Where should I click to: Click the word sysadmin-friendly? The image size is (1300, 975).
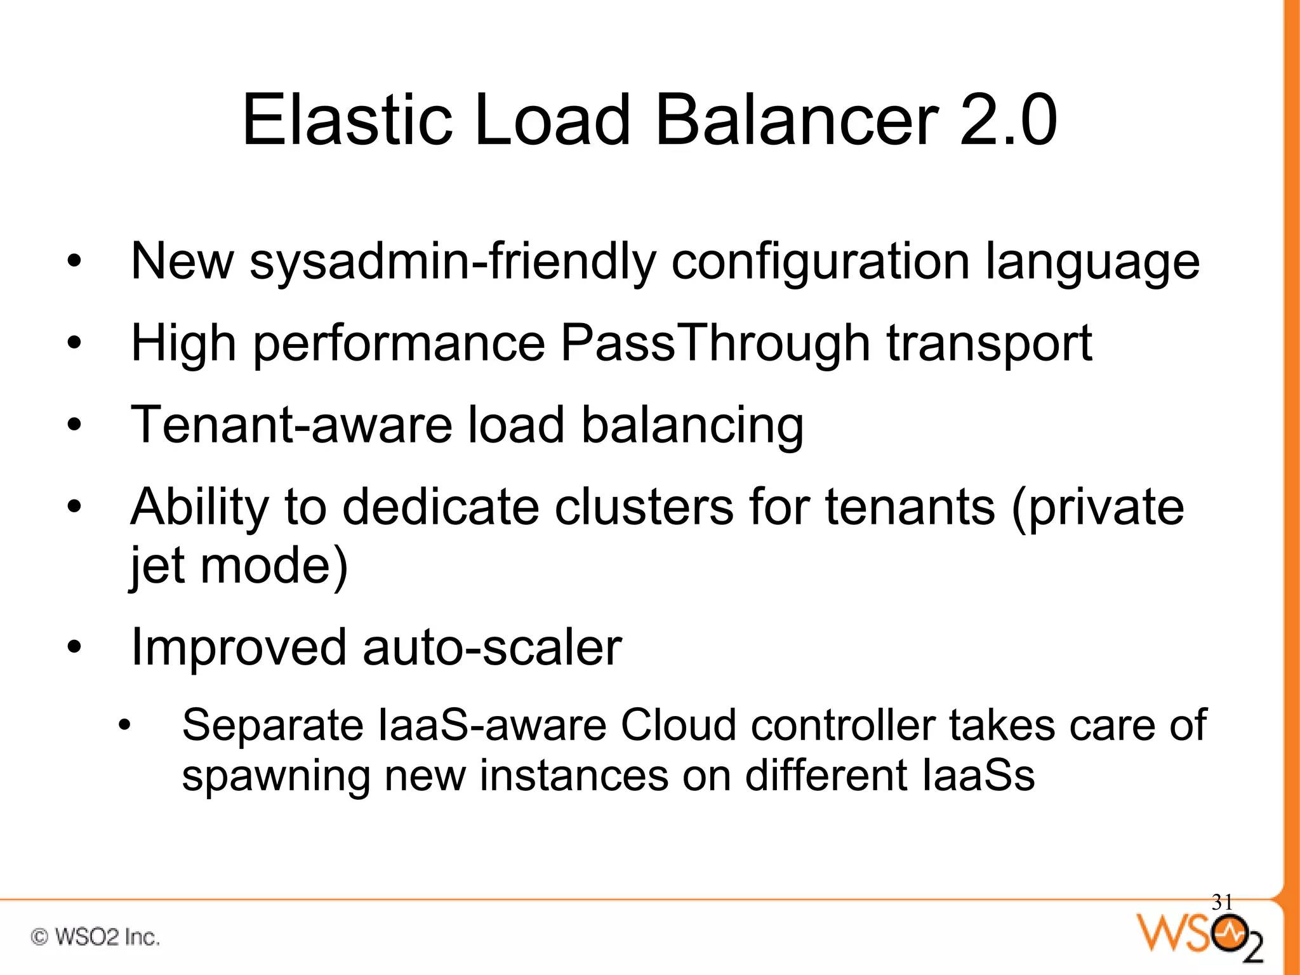[x=453, y=262]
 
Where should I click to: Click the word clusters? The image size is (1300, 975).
[x=644, y=507]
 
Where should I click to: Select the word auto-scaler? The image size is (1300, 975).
[x=492, y=647]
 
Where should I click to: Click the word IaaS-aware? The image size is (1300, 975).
[x=493, y=725]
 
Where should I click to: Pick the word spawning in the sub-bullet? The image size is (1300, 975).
[x=276, y=776]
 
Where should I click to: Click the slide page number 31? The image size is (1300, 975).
[x=1222, y=902]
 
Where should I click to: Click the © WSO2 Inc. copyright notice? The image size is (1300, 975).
[x=95, y=937]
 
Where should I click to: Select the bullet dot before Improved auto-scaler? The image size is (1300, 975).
[x=75, y=648]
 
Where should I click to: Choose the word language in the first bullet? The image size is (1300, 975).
[x=1092, y=262]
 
